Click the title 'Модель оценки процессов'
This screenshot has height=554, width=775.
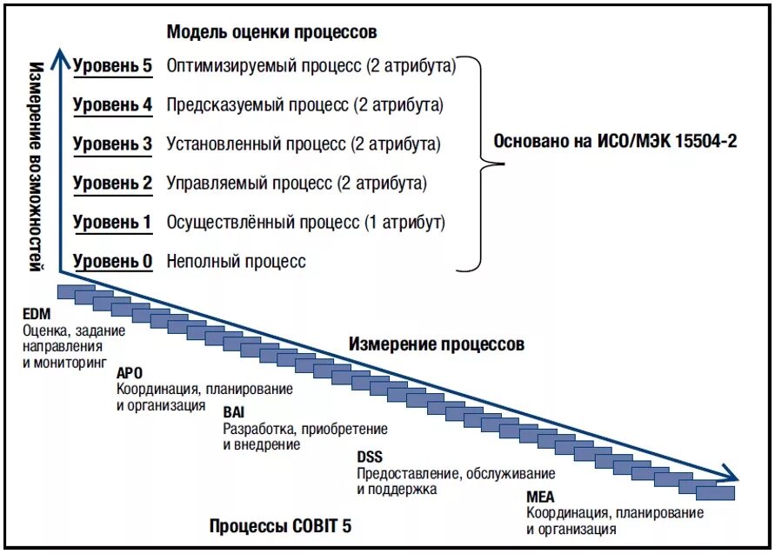[x=272, y=32]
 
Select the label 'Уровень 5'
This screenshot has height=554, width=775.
[x=112, y=65]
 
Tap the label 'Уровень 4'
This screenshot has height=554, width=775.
[x=112, y=105]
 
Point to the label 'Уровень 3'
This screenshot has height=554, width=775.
[x=112, y=144]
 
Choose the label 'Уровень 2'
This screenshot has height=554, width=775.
[x=112, y=184]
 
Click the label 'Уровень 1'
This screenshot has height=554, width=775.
[x=112, y=223]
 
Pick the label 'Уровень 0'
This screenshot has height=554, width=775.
[x=112, y=261]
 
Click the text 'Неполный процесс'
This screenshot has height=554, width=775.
[x=236, y=261]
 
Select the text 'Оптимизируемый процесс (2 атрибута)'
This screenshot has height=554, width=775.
[x=311, y=65]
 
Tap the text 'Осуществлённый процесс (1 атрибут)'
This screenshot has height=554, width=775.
[x=305, y=223]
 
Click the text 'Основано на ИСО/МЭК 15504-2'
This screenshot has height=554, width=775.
[x=615, y=141]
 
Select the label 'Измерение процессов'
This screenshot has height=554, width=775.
[x=437, y=344]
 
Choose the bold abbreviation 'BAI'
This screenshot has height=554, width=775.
[x=234, y=412]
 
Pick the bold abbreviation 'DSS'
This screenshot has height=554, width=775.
[x=369, y=457]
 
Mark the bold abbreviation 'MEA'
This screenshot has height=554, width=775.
[x=538, y=497]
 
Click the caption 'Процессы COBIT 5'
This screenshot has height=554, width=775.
[x=281, y=526]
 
